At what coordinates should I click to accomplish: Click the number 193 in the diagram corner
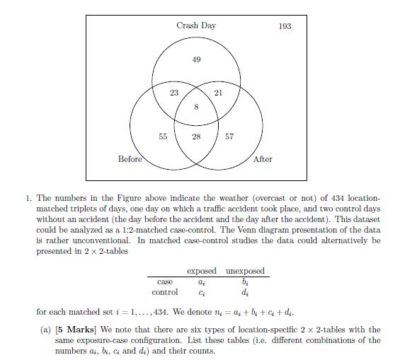285,26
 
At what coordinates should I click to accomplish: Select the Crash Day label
196,25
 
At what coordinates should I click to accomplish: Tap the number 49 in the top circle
196,59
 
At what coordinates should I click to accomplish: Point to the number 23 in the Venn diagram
173,93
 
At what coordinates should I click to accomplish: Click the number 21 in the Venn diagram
218,93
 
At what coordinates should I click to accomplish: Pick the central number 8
196,107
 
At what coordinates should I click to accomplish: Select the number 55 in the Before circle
163,137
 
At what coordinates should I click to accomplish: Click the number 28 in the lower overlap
196,137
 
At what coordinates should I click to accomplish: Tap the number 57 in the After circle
229,137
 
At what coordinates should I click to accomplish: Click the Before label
130,159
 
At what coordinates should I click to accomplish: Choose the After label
263,159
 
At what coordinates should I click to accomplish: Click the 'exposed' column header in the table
201,272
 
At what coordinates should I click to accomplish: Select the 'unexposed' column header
244,272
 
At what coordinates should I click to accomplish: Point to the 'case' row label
164,281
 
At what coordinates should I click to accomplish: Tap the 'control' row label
165,291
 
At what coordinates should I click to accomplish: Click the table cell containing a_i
201,281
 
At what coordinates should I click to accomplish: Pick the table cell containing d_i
244,292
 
